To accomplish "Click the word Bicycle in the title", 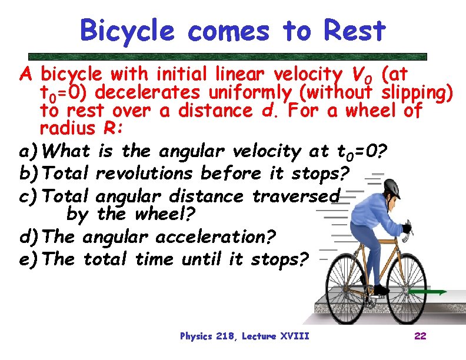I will coord(127,31).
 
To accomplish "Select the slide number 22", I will coord(420,336).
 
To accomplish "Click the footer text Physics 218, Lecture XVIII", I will coord(244,336).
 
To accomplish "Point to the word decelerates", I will coord(148,92).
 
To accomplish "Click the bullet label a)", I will coord(29,152).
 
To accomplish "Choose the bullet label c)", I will coord(29,196).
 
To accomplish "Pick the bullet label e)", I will coord(29,259).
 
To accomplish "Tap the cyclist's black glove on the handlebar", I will coord(406,228).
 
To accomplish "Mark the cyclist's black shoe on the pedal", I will coord(382,289).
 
